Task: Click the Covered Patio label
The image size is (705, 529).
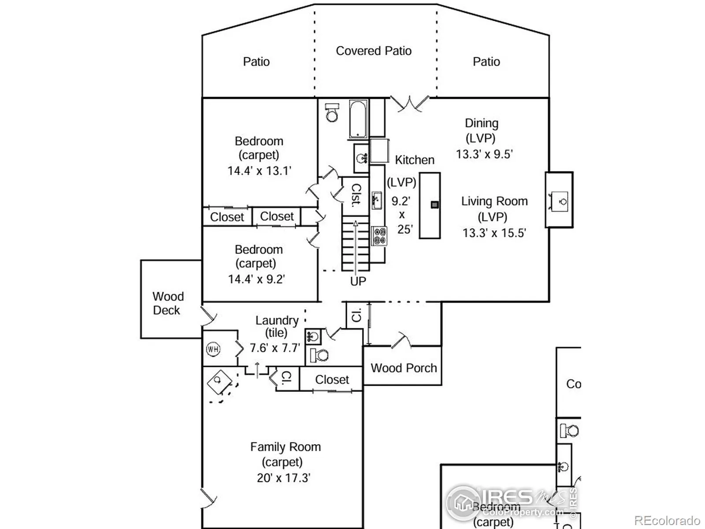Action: point(374,51)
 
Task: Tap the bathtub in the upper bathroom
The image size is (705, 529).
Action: point(358,119)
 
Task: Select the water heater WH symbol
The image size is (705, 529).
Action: point(213,350)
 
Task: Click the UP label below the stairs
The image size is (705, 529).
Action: point(358,281)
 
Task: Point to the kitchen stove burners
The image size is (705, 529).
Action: point(379,235)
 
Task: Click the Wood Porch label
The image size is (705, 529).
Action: point(404,368)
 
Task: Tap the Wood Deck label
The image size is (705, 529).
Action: point(167,303)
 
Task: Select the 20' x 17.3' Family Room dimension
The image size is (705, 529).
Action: point(284,478)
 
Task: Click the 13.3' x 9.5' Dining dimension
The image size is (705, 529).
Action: point(484,154)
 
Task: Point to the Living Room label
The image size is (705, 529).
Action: point(494,201)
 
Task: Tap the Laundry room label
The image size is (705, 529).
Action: point(277,320)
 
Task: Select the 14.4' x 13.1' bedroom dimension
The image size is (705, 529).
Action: point(259,171)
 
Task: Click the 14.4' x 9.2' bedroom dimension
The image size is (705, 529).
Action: point(256,279)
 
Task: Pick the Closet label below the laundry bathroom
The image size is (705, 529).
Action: point(332,380)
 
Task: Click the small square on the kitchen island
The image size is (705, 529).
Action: point(434,205)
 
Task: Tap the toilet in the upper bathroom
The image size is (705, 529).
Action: point(332,113)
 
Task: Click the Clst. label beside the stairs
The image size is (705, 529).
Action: point(356,195)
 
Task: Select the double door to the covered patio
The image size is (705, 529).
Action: point(410,104)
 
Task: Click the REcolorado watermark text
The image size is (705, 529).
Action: point(667,521)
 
